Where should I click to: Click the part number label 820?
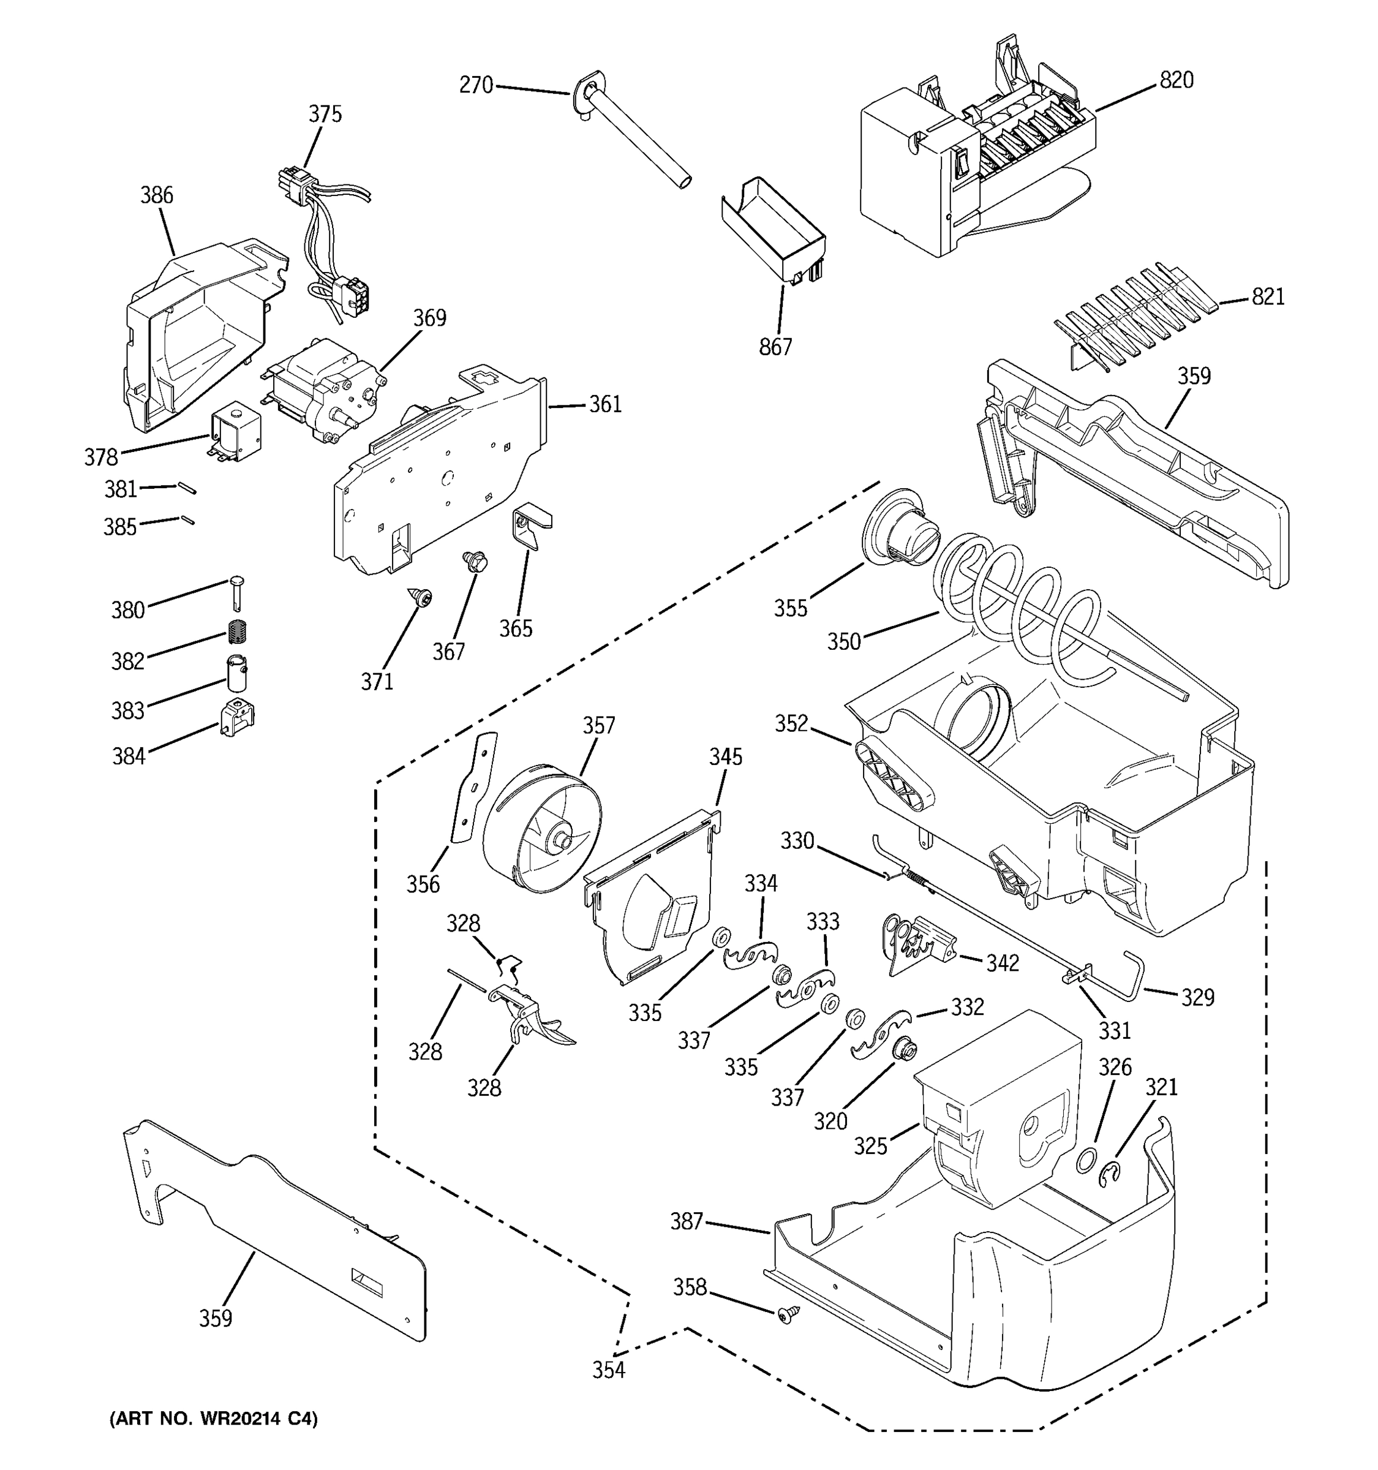click(1175, 80)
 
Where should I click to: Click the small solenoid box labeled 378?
click(236, 432)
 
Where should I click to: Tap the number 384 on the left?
click(129, 756)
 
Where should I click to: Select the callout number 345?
click(725, 756)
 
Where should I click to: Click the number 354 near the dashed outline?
click(608, 1370)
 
